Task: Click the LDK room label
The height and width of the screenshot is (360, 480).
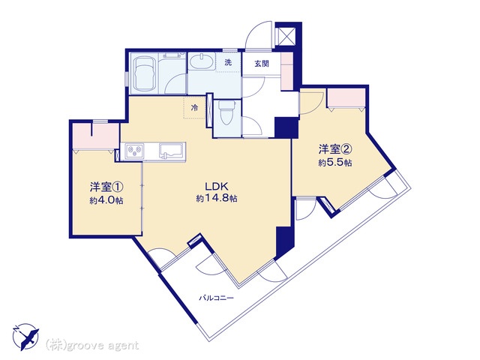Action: click(217, 187)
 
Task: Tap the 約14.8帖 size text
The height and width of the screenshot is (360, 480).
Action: click(217, 198)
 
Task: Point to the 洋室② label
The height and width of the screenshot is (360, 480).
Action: click(334, 149)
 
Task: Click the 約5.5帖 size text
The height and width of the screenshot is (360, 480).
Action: click(335, 163)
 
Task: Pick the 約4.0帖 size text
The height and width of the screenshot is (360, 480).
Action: click(106, 200)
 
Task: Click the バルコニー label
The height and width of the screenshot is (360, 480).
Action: click(217, 298)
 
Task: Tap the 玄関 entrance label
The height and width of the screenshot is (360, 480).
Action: click(262, 64)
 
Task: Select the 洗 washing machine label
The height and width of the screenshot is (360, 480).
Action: click(228, 63)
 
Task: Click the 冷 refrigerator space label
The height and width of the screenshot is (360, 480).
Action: click(194, 107)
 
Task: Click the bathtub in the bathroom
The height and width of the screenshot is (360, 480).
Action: click(145, 73)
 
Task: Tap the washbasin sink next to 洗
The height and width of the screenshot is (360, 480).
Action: click(201, 61)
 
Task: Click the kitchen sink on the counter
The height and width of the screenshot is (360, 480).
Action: click(171, 151)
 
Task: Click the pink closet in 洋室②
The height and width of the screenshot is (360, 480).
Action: click(346, 97)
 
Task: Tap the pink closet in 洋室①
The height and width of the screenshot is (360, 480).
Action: click(95, 136)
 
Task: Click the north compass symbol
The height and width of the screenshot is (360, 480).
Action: click(25, 337)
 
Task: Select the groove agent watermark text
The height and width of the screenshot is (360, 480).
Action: click(91, 346)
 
